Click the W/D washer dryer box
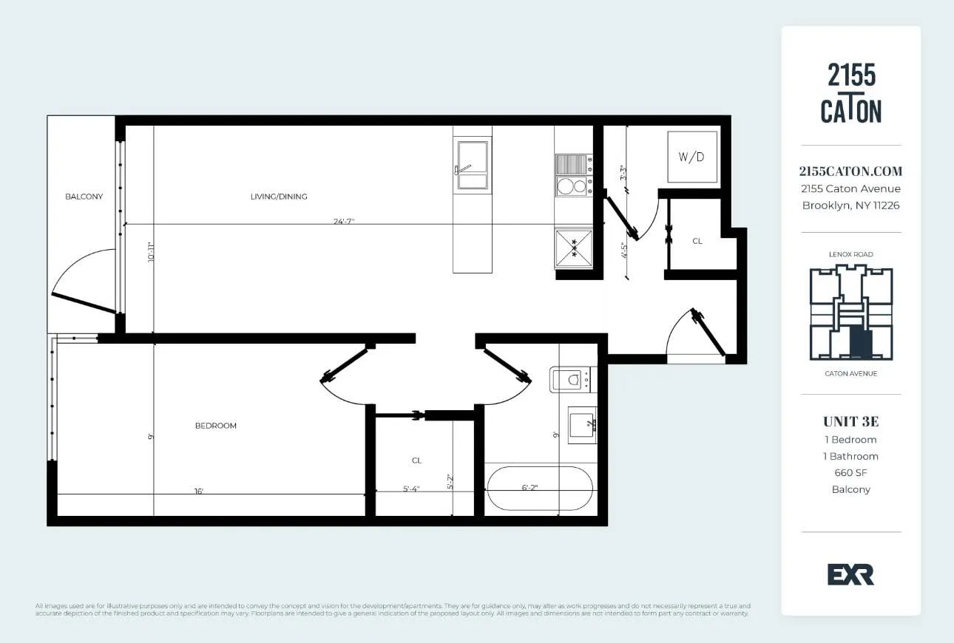pos(692,157)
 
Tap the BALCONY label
pos(84,197)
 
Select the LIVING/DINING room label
pos(279,197)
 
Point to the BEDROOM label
pos(216,426)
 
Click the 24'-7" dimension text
pos(343,221)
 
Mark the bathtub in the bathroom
pos(539,489)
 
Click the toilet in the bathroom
pos(570,380)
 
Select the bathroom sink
pos(582,425)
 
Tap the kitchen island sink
pos(472,166)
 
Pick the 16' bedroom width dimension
pos(198,490)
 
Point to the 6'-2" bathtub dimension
pos(530,488)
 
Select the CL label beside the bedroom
pos(417,460)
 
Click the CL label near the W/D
pos(697,241)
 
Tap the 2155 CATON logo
pos(851,93)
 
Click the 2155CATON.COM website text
pos(850,171)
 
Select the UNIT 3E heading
pos(850,422)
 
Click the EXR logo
pos(850,574)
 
